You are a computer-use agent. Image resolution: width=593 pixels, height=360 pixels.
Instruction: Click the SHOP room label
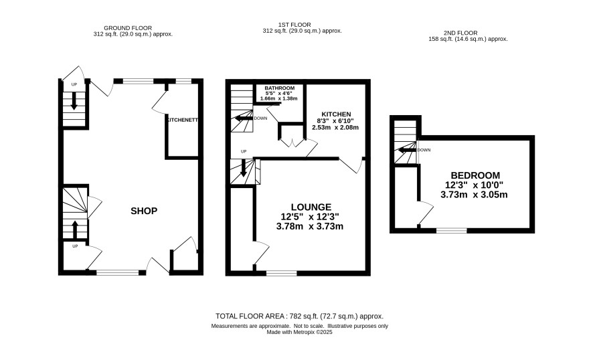click(x=144, y=211)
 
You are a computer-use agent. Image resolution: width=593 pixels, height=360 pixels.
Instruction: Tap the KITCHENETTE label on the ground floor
click(x=182, y=120)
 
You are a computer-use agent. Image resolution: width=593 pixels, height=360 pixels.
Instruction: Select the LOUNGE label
click(x=311, y=207)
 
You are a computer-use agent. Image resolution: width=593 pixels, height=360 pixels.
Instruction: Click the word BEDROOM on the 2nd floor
click(x=475, y=175)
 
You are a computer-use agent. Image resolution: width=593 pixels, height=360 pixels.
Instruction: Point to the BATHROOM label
click(x=280, y=88)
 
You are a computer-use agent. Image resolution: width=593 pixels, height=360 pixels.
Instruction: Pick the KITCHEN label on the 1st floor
click(x=336, y=114)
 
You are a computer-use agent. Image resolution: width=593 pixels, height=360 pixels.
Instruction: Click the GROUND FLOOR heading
click(x=128, y=28)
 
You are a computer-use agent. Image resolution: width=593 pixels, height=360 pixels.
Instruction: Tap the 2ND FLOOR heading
click(x=460, y=33)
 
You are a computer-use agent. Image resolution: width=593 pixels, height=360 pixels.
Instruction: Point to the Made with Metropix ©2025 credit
click(x=300, y=333)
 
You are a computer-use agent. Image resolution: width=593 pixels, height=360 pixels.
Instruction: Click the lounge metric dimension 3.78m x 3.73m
click(x=310, y=227)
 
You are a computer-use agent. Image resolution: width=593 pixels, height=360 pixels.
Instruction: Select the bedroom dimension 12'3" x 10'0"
click(x=475, y=185)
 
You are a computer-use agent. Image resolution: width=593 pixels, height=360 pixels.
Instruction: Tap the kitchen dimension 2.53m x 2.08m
click(x=335, y=128)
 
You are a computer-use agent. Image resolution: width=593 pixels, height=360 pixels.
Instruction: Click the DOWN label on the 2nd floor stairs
click(x=424, y=150)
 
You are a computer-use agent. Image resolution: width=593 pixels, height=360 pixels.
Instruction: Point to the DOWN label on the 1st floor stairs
click(x=260, y=118)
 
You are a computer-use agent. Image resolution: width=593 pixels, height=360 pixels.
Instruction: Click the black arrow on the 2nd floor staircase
click(x=406, y=151)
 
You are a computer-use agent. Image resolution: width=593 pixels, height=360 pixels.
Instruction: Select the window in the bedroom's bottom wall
click(x=452, y=230)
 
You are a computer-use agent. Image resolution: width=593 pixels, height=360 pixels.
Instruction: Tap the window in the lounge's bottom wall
click(x=281, y=273)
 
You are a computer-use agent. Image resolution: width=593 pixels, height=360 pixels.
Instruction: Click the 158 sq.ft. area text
click(x=468, y=39)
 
